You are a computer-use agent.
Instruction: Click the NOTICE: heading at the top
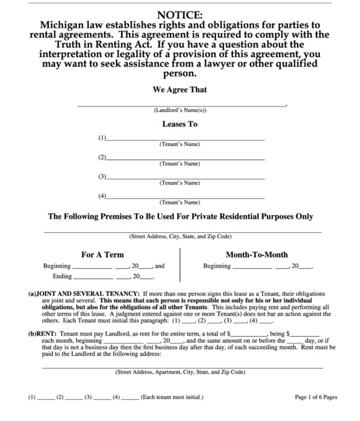(x=179, y=14)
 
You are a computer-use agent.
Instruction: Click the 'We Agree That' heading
(x=179, y=90)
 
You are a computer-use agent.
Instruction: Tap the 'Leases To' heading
(x=179, y=124)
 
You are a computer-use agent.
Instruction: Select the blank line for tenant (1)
(x=186, y=139)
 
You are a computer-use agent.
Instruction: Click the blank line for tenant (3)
(x=186, y=178)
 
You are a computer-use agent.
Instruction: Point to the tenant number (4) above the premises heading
(x=102, y=197)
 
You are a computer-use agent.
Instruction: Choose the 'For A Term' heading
(x=103, y=255)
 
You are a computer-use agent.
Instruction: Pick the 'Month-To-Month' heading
(x=256, y=255)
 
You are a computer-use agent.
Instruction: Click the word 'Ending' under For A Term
(x=62, y=276)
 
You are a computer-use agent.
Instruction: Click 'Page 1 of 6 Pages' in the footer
(x=317, y=397)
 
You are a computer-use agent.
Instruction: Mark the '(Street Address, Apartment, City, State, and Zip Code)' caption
(x=180, y=372)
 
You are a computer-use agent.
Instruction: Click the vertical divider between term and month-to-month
(x=180, y=265)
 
